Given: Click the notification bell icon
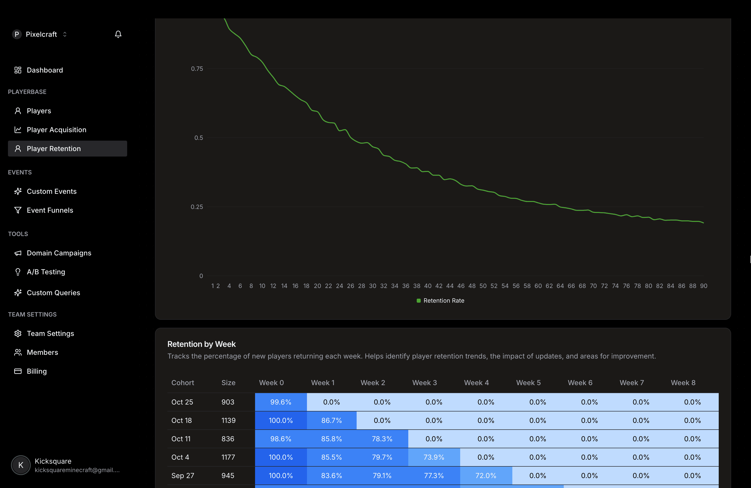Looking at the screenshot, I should [118, 34].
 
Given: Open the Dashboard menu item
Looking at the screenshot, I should [44, 70].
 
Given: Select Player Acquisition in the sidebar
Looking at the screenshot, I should [56, 130].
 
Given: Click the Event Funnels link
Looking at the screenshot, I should [50, 210].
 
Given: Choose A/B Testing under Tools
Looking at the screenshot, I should [46, 272].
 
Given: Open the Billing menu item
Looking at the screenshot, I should [37, 371].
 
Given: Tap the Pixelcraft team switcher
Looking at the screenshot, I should [41, 34].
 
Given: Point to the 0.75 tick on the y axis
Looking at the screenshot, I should [197, 69].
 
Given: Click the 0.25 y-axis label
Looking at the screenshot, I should [197, 207].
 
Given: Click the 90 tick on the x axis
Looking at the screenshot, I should [703, 286].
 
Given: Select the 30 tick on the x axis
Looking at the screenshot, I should [372, 286].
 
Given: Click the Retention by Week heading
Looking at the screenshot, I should [201, 344].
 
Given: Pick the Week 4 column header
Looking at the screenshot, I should [476, 383].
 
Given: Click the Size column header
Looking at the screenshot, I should [228, 383].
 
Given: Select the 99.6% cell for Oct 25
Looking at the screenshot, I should [281, 402].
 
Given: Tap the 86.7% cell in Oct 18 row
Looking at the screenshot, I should [331, 420].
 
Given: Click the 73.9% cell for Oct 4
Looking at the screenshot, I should [434, 457].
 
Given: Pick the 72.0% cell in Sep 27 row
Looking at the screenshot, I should [486, 475].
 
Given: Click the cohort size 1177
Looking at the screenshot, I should [228, 457].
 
